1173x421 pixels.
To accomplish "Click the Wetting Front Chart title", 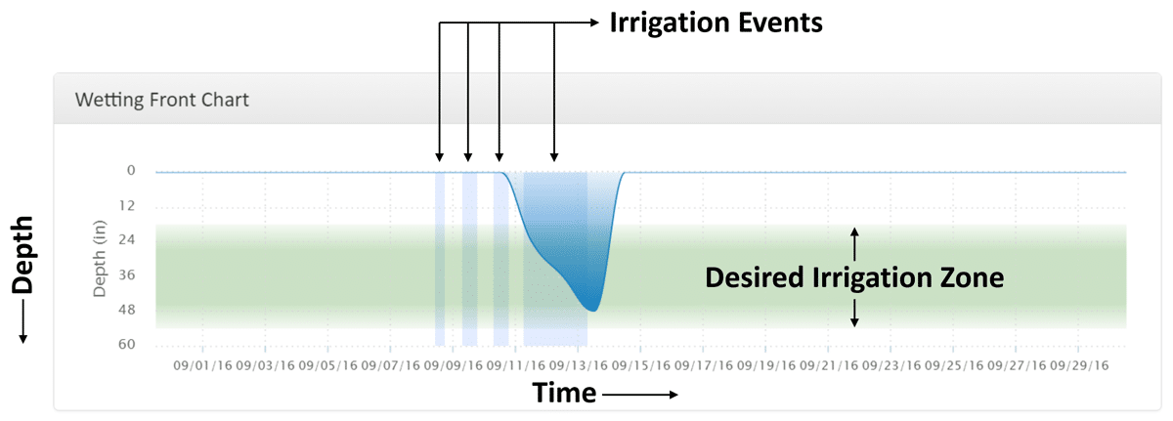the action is [x=162, y=100].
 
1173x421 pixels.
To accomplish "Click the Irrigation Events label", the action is [x=716, y=23].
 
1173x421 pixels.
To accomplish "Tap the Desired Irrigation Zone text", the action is [x=854, y=277].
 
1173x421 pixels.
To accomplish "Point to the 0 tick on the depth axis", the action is [x=131, y=171].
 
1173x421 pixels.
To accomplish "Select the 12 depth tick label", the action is [x=127, y=205].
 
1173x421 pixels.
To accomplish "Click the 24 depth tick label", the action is [x=127, y=239].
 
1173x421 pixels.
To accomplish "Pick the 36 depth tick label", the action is [x=127, y=274].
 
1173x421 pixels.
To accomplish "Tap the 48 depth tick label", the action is [x=127, y=310].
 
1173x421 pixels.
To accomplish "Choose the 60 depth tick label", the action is [x=127, y=344].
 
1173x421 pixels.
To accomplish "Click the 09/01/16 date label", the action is [x=202, y=365].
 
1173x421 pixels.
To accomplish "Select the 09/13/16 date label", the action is [x=578, y=365].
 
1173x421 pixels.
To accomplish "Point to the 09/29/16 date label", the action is [x=1079, y=365].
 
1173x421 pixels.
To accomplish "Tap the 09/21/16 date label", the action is [x=829, y=365].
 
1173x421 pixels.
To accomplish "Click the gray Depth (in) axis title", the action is [x=100, y=258].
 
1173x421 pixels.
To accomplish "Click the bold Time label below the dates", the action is [x=564, y=393].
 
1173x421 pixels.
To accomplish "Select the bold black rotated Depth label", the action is [x=23, y=255].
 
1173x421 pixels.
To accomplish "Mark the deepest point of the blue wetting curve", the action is [x=592, y=312].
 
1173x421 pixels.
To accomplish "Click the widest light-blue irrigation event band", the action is [x=555, y=259].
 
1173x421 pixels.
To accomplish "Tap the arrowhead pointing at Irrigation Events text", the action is [x=594, y=22].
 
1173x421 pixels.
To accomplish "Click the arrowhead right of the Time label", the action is [x=673, y=395].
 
